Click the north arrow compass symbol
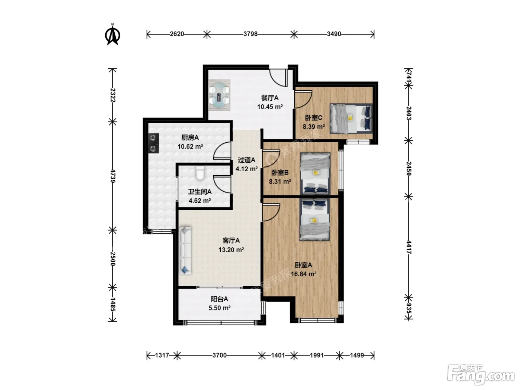pyautogui.click(x=112, y=35)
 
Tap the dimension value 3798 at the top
pyautogui.click(x=250, y=34)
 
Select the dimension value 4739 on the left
pyautogui.click(x=113, y=176)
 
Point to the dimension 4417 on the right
pyautogui.click(x=409, y=247)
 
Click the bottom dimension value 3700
pyautogui.click(x=219, y=355)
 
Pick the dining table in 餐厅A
pyautogui.click(x=219, y=95)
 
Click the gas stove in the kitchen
pyautogui.click(x=154, y=143)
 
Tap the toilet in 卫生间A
pyautogui.click(x=200, y=173)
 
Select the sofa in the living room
pyautogui.click(x=185, y=251)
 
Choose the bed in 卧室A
pyautogui.click(x=314, y=220)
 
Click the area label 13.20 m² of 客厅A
pyautogui.click(x=231, y=250)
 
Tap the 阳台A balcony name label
pyautogui.click(x=219, y=299)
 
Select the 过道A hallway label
pyautogui.click(x=246, y=160)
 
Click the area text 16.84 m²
pyautogui.click(x=303, y=274)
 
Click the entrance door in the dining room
pyautogui.click(x=278, y=77)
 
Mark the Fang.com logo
pyautogui.click(x=481, y=375)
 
